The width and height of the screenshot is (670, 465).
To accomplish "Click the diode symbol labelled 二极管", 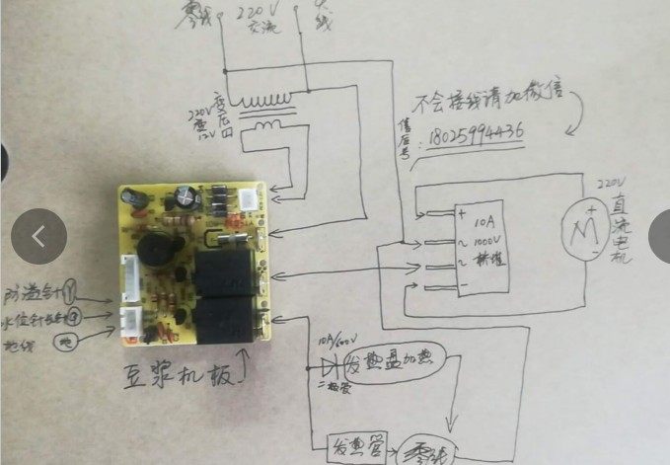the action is coord(328,363).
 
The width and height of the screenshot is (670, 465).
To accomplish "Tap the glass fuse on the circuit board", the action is coord(235,239).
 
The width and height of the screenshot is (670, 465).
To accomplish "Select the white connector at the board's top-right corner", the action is coord(252,195).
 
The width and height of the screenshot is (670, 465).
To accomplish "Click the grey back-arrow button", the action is coord(38,236).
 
